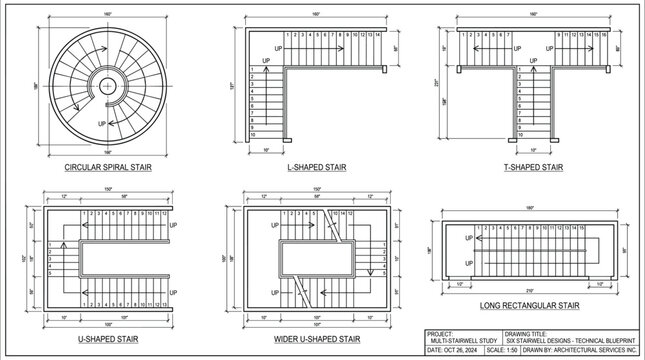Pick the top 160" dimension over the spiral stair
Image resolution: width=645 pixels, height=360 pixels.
tap(107, 13)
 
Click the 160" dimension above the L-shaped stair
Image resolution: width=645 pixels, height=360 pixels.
tap(315, 14)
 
